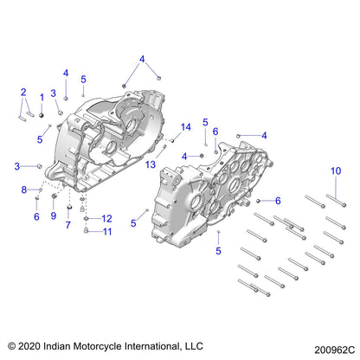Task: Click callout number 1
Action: point(42,96)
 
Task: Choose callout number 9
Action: point(53,215)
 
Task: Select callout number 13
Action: point(151,164)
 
